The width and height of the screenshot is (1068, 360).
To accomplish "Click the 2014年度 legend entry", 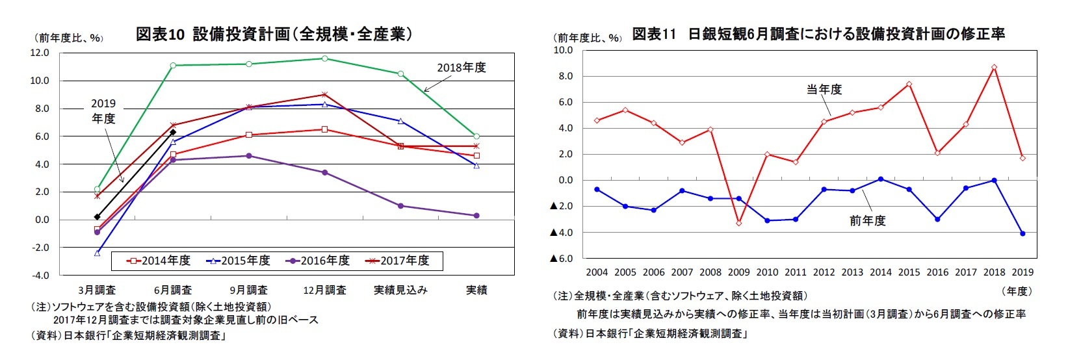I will click(x=159, y=261).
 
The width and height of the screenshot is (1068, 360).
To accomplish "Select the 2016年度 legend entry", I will click(x=318, y=261).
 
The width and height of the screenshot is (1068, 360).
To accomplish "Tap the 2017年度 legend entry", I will click(x=397, y=261).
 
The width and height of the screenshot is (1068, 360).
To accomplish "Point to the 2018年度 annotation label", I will click(x=461, y=68).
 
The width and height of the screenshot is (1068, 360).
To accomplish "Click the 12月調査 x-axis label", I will click(x=324, y=290).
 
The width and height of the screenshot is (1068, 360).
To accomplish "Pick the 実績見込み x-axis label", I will click(x=400, y=290).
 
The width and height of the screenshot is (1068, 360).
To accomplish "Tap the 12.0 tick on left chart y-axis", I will click(x=40, y=53).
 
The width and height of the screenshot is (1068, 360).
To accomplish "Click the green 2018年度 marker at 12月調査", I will click(x=324, y=58).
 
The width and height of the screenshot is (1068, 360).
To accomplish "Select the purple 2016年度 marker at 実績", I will click(x=476, y=216).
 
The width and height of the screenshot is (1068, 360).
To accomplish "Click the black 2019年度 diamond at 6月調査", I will click(x=173, y=132).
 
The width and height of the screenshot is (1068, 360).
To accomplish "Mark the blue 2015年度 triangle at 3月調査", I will click(x=97, y=253).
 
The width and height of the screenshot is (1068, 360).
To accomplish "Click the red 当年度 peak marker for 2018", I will click(x=994, y=67).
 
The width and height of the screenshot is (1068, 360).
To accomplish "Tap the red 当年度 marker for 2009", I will click(x=738, y=223).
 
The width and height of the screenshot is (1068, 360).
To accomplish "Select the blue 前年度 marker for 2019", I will click(x=1022, y=233).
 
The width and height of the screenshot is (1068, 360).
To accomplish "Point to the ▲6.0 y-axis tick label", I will click(x=562, y=259).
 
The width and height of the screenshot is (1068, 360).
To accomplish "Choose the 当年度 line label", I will click(x=824, y=90).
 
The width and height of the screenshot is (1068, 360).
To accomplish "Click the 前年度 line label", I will click(x=867, y=221).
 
